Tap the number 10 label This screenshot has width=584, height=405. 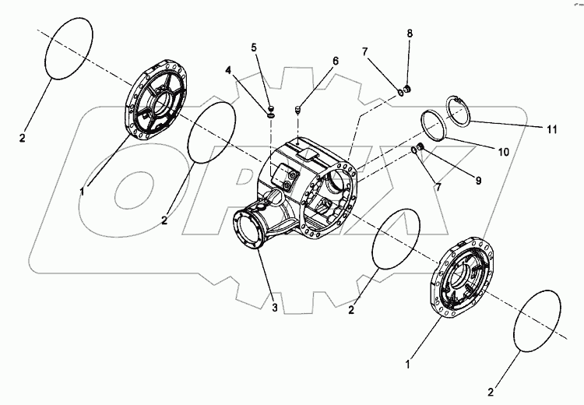tap(503, 152)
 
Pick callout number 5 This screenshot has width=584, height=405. tap(254, 47)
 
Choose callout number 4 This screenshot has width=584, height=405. tap(228, 70)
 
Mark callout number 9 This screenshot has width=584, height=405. tap(479, 180)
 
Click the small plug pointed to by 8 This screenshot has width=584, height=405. tap(410, 90)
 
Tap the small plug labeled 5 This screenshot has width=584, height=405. tap(269, 107)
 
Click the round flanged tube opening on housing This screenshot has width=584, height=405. tap(253, 231)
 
